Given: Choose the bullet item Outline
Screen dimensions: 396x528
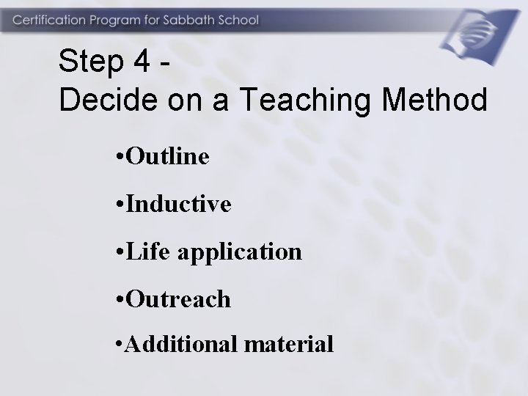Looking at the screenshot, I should pos(168,155).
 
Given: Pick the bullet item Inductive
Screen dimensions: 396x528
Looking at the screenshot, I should pos(179,203).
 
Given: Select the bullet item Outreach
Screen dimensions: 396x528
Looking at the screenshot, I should pos(178,299).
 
